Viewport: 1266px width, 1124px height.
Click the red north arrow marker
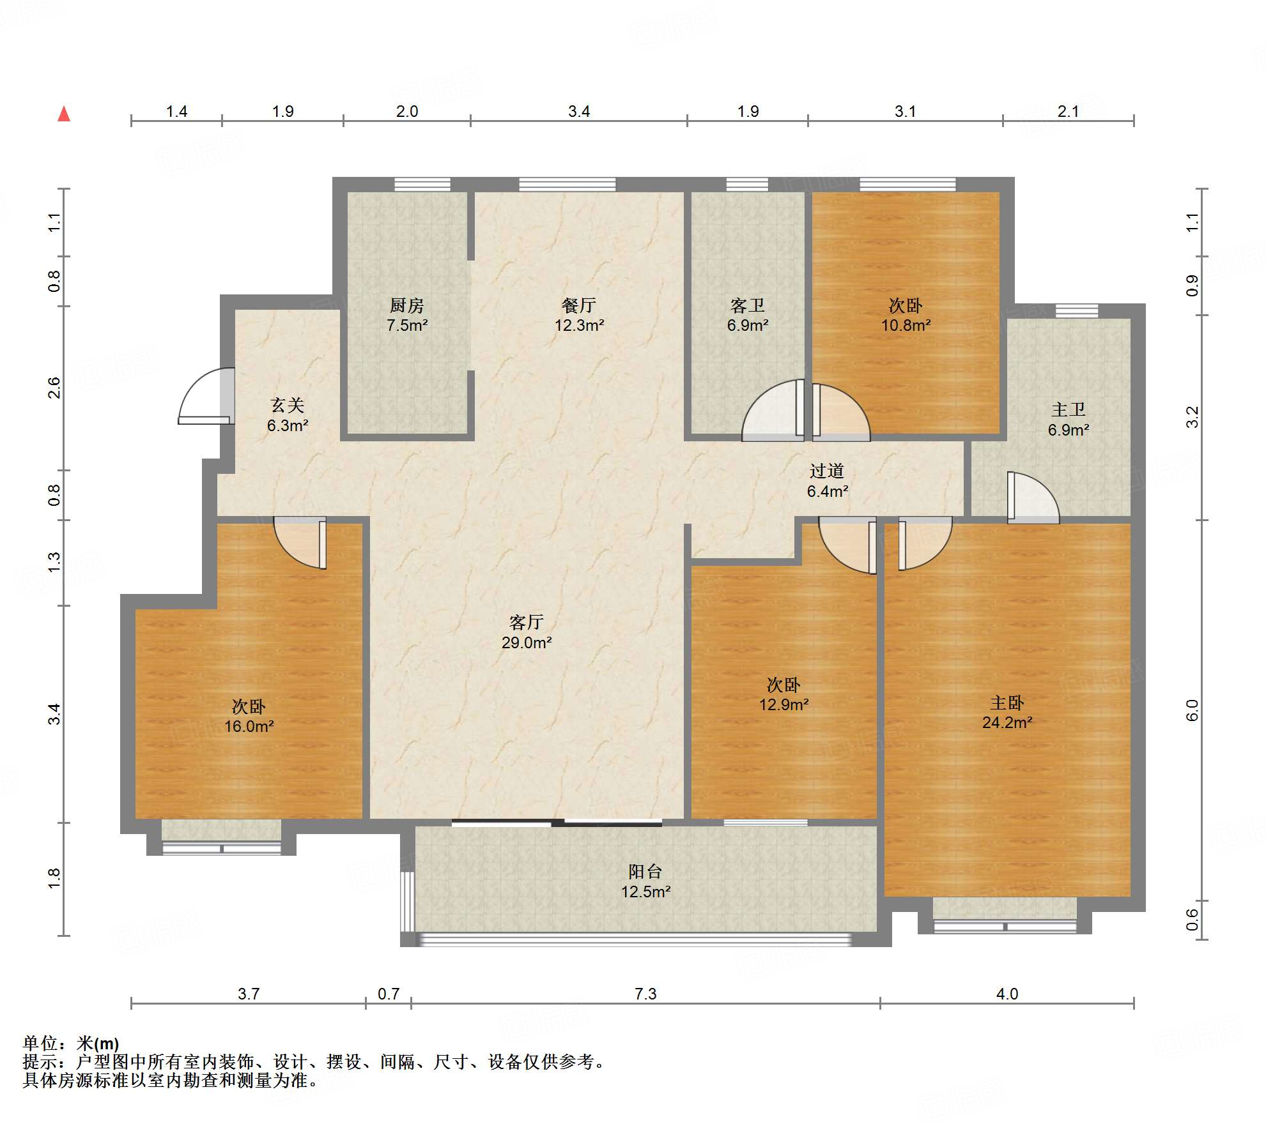click(x=64, y=114)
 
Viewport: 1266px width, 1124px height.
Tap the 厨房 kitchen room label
click(x=407, y=305)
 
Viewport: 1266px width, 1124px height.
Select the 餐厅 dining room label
click(x=579, y=305)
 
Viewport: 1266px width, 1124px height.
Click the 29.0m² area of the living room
click(x=527, y=642)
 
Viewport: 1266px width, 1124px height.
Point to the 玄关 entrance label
click(x=288, y=405)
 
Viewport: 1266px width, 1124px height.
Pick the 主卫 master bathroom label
click(x=1069, y=409)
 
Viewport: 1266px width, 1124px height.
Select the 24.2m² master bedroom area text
click(x=1007, y=722)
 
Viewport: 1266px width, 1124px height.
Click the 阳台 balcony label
click(x=645, y=871)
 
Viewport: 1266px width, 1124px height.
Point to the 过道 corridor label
click(x=827, y=471)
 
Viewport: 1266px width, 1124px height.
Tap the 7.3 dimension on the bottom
click(x=645, y=994)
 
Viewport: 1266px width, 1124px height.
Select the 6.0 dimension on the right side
click(x=1193, y=710)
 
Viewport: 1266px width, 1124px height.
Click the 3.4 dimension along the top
click(x=579, y=111)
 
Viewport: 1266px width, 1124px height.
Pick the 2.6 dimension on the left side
click(x=54, y=388)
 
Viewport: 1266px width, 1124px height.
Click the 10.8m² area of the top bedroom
click(x=906, y=325)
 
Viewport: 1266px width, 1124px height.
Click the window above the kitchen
click(x=422, y=185)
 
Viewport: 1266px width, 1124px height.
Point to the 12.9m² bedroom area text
click(x=784, y=704)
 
